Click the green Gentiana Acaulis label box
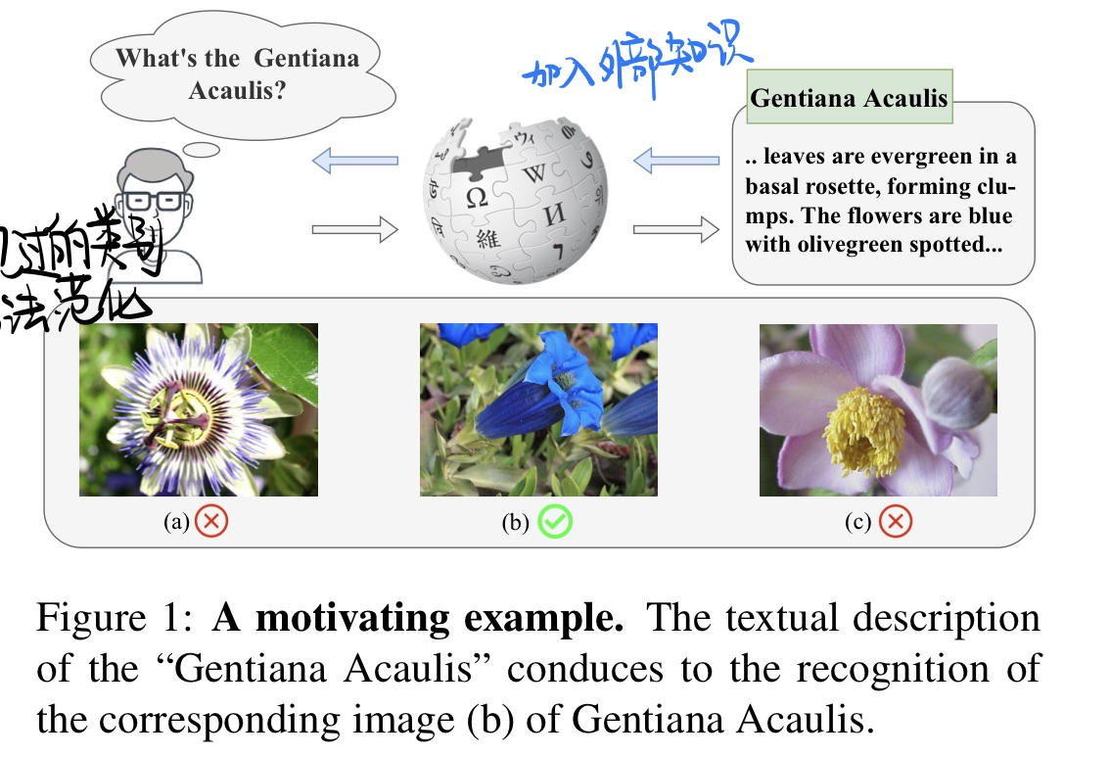pos(849,97)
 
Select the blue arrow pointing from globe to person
pos(355,159)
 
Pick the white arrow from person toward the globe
pos(355,231)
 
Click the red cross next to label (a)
pos(210,522)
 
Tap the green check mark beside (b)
pos(555,522)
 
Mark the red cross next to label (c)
pos(894,522)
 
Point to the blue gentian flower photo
pos(538,409)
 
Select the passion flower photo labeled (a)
pos(199,409)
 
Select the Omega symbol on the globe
pos(477,197)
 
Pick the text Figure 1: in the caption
pos(116,618)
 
